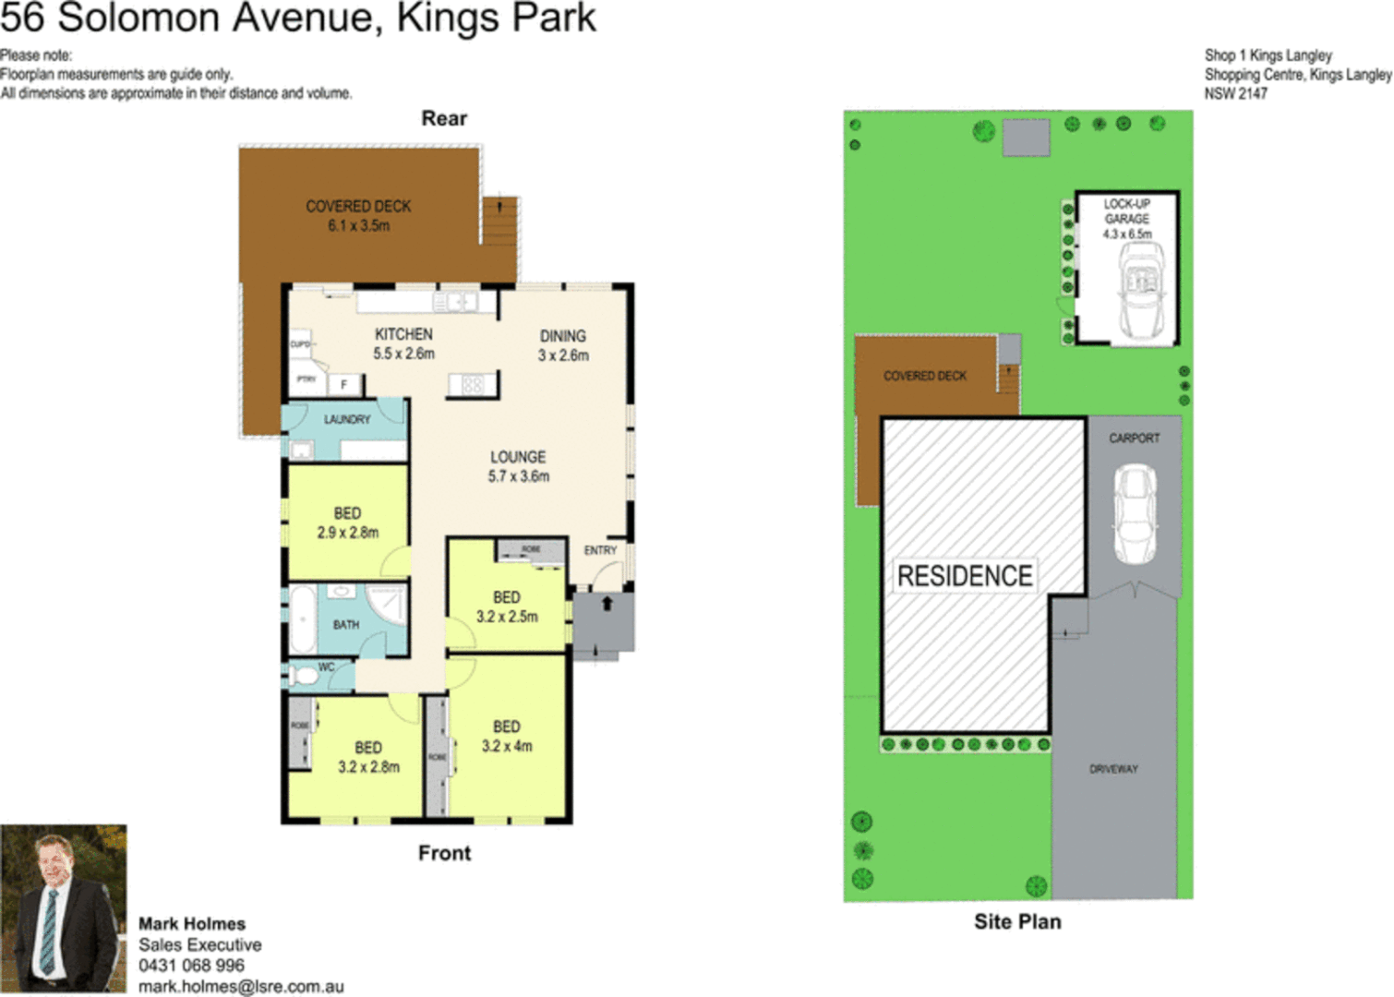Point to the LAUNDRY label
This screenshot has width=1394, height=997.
tap(347, 419)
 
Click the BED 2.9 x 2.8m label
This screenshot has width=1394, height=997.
tap(347, 523)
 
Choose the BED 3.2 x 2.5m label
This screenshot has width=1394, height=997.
tap(507, 607)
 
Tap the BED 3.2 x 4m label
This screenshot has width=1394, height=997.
tap(507, 736)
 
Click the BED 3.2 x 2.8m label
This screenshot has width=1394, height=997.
tap(368, 757)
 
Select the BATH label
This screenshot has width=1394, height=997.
tap(346, 625)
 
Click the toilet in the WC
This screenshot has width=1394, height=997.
tap(304, 677)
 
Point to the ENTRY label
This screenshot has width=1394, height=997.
tap(600, 550)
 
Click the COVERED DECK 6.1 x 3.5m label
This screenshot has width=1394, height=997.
tap(358, 215)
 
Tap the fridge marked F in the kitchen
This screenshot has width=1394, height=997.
tap(344, 384)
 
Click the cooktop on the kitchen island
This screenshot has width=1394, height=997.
tap(473, 384)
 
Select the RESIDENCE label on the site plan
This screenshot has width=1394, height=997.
tap(965, 576)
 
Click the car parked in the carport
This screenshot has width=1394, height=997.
tap(1135, 513)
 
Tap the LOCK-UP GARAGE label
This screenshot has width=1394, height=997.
tap(1127, 218)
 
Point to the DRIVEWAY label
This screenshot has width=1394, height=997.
tap(1113, 769)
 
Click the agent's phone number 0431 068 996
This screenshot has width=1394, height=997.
tap(191, 966)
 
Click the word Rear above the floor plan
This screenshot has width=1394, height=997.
tap(444, 118)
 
